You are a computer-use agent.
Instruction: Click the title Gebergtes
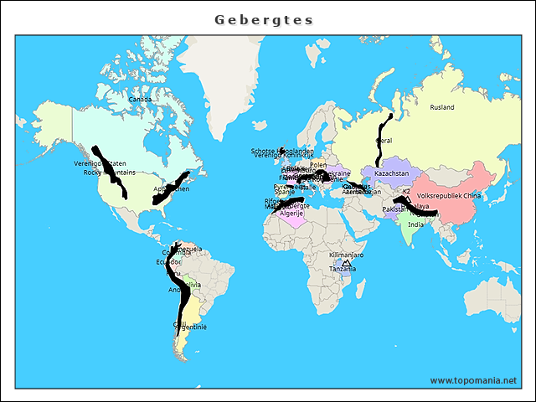264,19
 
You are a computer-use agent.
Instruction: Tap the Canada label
140,100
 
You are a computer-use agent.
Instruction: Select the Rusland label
441,108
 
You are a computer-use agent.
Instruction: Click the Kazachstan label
391,173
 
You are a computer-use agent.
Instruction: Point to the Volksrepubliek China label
449,195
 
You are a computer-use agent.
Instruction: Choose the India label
415,224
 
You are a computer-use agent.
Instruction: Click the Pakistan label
394,209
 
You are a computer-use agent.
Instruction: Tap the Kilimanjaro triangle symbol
346,263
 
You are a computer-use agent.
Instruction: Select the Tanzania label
342,269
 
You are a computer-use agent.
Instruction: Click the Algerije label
291,214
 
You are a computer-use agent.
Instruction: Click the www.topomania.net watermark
473,380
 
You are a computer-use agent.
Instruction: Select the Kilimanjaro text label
346,254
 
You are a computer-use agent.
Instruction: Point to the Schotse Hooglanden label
282,151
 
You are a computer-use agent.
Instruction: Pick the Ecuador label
167,261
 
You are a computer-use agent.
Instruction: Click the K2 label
406,192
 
